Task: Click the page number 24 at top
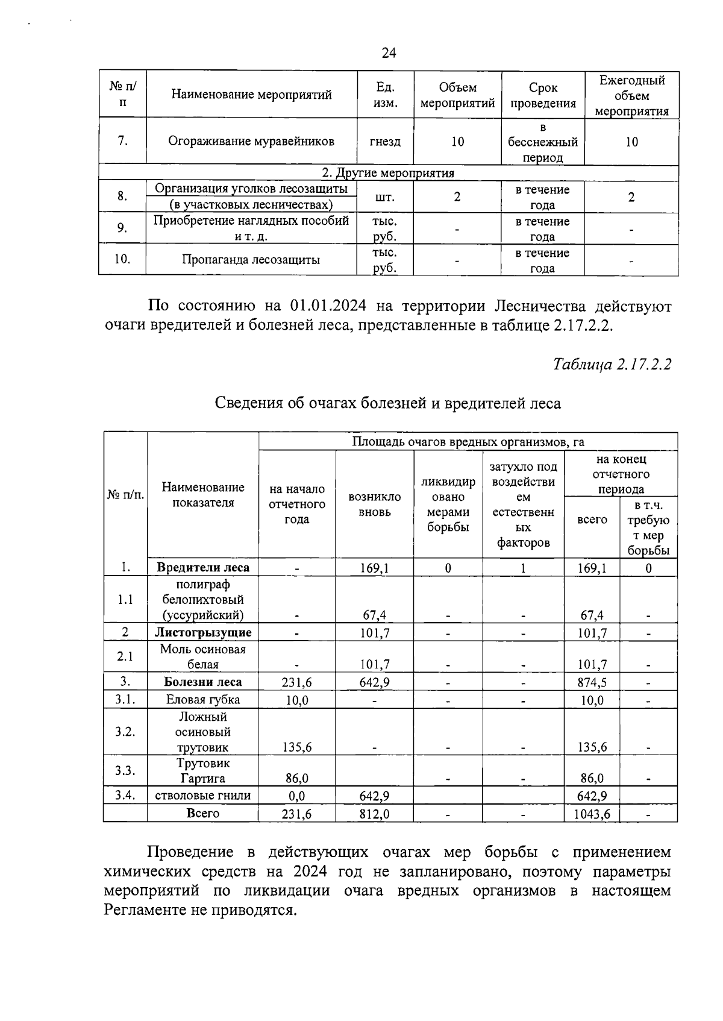pos(389,53)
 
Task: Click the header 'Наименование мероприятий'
pos(251,95)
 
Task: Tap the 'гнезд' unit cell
pos(385,142)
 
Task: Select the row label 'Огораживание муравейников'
pos(251,142)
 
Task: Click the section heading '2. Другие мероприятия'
pos(388,173)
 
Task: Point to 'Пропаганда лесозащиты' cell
pos(251,260)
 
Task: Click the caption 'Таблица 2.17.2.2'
pos(612,365)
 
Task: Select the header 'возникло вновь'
pos(374,504)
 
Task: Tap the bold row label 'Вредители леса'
pos(203,568)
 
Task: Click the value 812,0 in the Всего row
pos(374,814)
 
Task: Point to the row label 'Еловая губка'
pos(203,700)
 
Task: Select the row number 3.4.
pos(125,795)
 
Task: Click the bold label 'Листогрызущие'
pos(203,633)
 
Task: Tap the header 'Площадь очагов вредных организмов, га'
pos(468,442)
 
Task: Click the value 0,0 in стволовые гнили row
pos(296,796)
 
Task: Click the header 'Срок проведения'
pos(542,95)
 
